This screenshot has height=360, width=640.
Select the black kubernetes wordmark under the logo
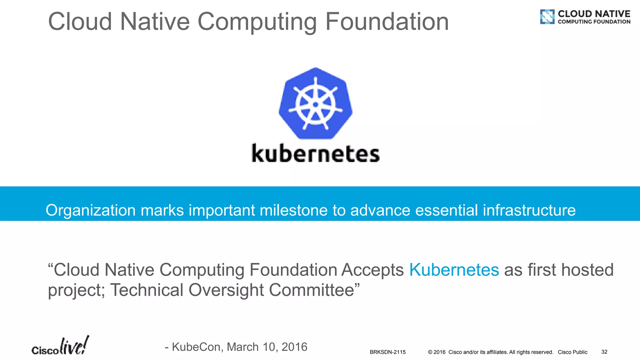point(316,153)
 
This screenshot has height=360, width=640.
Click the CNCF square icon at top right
point(547,17)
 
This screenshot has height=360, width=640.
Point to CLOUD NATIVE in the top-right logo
point(594,14)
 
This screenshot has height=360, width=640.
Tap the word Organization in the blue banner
point(91,211)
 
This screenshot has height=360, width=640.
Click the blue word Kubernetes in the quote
point(454,270)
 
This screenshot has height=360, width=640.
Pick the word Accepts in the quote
point(372,270)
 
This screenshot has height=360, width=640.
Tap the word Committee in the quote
point(311,290)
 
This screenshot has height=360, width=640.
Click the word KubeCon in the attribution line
point(197,347)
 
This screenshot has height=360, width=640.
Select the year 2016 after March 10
point(294,347)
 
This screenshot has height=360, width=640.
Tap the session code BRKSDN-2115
point(387,352)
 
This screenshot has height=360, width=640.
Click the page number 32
point(604,352)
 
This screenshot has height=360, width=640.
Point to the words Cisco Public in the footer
point(572,352)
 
